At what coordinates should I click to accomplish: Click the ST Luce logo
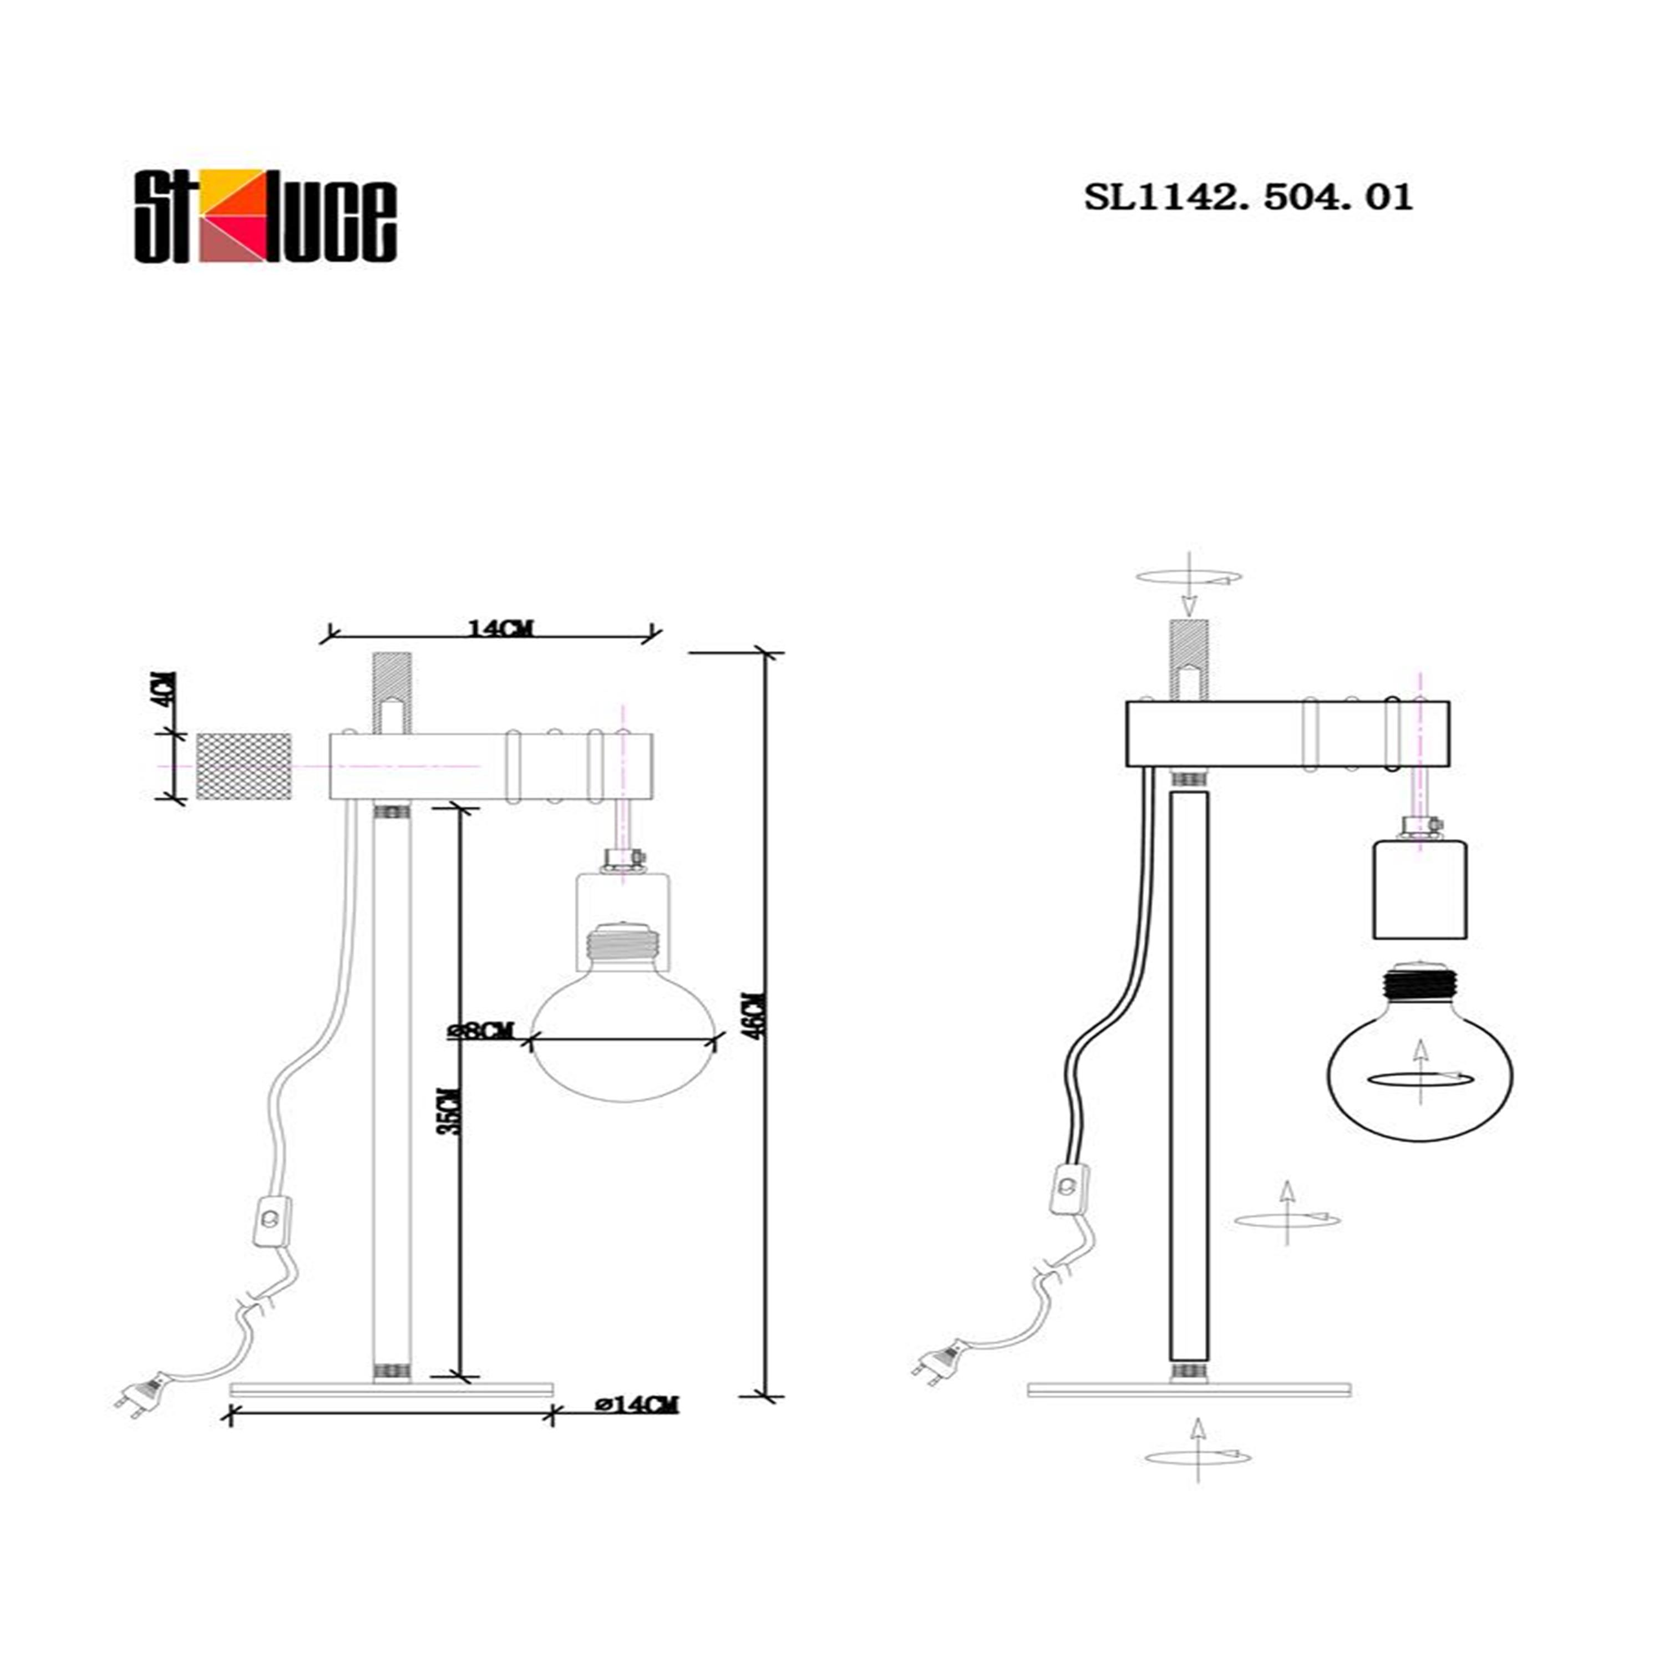click(265, 216)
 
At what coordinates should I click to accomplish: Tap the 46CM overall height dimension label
click(755, 1016)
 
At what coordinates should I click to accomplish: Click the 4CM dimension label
click(168, 688)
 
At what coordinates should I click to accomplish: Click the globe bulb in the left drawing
click(623, 1033)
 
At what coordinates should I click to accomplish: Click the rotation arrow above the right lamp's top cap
click(1189, 579)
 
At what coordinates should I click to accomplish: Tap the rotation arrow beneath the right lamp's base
click(1197, 1455)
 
